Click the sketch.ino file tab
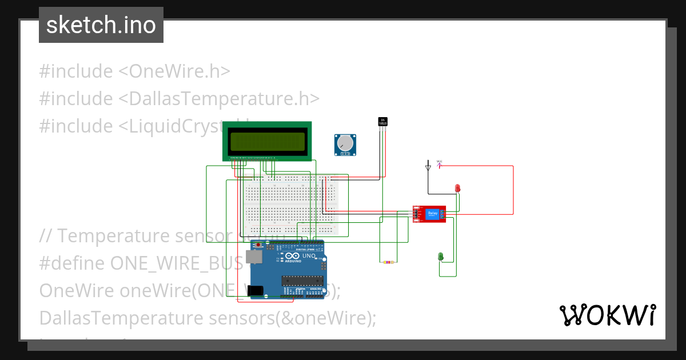point(101,25)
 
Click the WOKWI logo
point(607,315)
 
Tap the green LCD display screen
point(267,141)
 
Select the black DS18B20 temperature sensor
point(383,122)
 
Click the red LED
point(457,188)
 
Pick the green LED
point(441,257)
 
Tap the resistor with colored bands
point(388,262)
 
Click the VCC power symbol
point(440,163)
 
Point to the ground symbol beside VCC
point(428,167)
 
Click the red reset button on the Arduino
point(258,245)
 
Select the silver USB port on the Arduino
point(256,258)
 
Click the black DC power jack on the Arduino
point(256,290)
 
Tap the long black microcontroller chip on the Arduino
point(300,280)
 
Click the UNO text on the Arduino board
point(309,256)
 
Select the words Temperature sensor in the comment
point(145,235)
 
